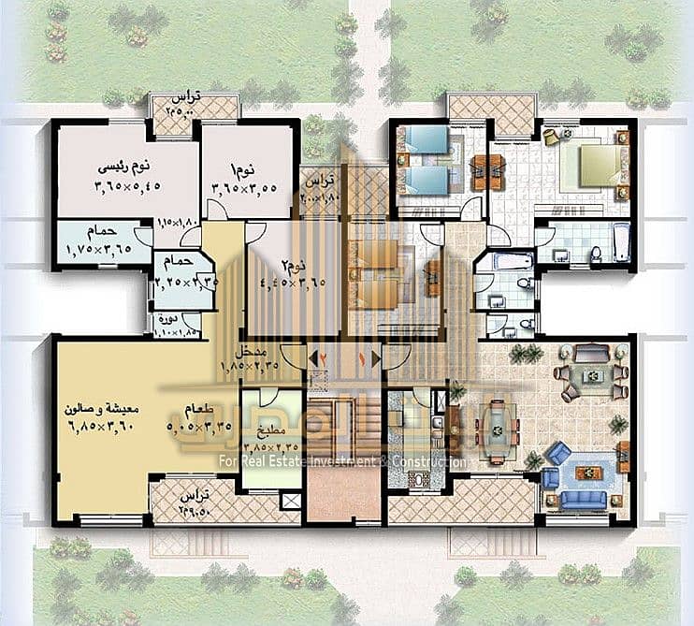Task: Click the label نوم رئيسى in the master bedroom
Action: (124, 167)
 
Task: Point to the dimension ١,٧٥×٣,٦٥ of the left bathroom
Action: (100, 250)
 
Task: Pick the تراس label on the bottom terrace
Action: (194, 494)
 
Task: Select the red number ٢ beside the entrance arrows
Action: (324, 357)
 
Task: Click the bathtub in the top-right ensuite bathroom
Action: (621, 245)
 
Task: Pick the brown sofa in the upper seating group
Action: (590, 352)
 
